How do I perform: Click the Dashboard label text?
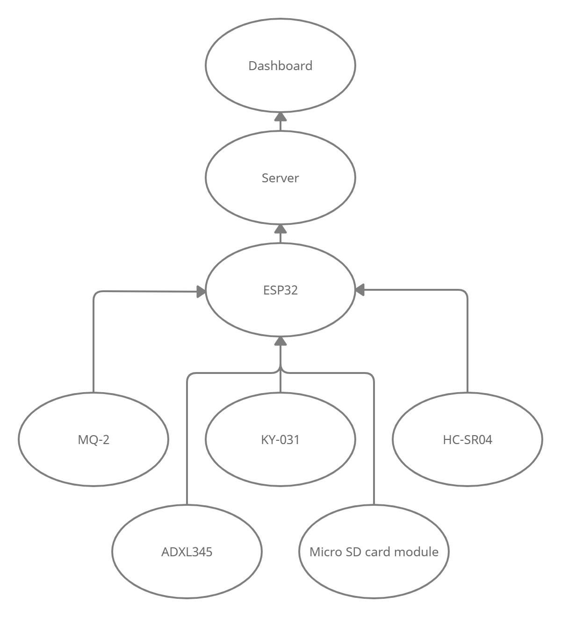[x=280, y=66]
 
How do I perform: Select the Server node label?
[x=280, y=178]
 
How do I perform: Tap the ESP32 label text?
[x=280, y=290]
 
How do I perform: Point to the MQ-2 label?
[x=93, y=440]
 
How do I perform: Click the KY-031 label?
[x=280, y=440]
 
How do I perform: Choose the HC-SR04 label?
[x=467, y=440]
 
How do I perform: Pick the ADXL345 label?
[x=187, y=552]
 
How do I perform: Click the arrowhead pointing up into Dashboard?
[x=280, y=117]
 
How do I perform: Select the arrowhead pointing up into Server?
[x=280, y=229]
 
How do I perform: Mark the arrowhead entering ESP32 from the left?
[x=201, y=292]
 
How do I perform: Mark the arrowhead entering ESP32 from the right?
[x=360, y=291]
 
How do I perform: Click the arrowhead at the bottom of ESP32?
[x=280, y=341]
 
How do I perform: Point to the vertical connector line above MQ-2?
[x=93, y=346]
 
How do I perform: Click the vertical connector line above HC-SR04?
[x=467, y=346]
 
